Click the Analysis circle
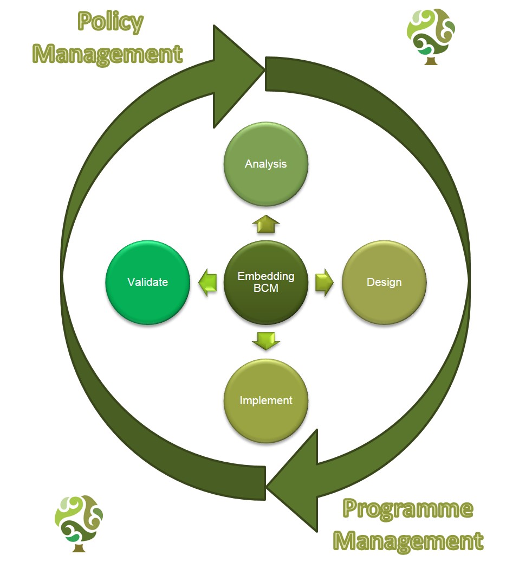pos(266,164)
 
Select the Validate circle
pos(148,282)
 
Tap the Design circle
pos(384,282)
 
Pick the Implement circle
pos(266,400)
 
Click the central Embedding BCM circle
pos(266,282)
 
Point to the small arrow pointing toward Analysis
pos(266,223)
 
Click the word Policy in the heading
pos(111,23)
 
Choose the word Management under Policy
pos(108,54)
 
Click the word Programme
pos(407,509)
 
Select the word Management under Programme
pos(407,541)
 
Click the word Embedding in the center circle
pos(266,276)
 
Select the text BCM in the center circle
pos(266,289)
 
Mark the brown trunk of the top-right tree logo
pos(431,60)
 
